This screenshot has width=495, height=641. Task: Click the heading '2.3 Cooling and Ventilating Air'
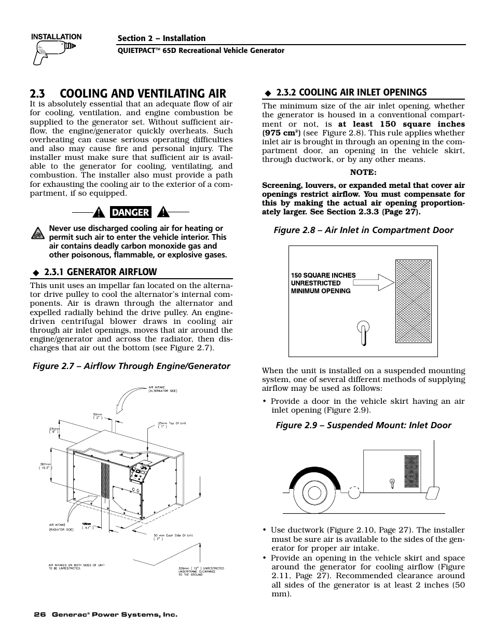tap(128, 93)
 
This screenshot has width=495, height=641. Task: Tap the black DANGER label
tap(130, 212)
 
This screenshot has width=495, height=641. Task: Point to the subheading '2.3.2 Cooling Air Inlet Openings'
tap(351, 92)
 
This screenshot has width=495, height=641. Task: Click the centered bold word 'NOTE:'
tap(363, 172)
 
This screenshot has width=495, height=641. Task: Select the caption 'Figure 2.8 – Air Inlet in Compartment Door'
tap(363, 230)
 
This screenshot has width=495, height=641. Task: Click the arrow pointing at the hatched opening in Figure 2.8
tap(373, 282)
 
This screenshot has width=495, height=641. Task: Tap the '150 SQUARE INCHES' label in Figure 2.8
tap(323, 276)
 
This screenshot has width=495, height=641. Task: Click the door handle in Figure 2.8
tap(364, 332)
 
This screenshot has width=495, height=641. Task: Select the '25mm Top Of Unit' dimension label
tap(172, 425)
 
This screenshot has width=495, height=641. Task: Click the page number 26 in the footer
tap(39, 615)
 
